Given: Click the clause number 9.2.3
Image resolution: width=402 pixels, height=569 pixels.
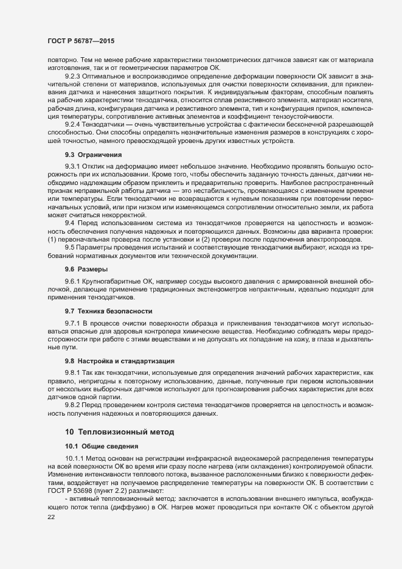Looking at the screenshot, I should pos(73,76).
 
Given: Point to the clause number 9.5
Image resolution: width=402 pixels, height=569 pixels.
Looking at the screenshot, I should pos(69,246).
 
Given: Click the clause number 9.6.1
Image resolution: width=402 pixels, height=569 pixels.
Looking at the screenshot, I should pos(73,281).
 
